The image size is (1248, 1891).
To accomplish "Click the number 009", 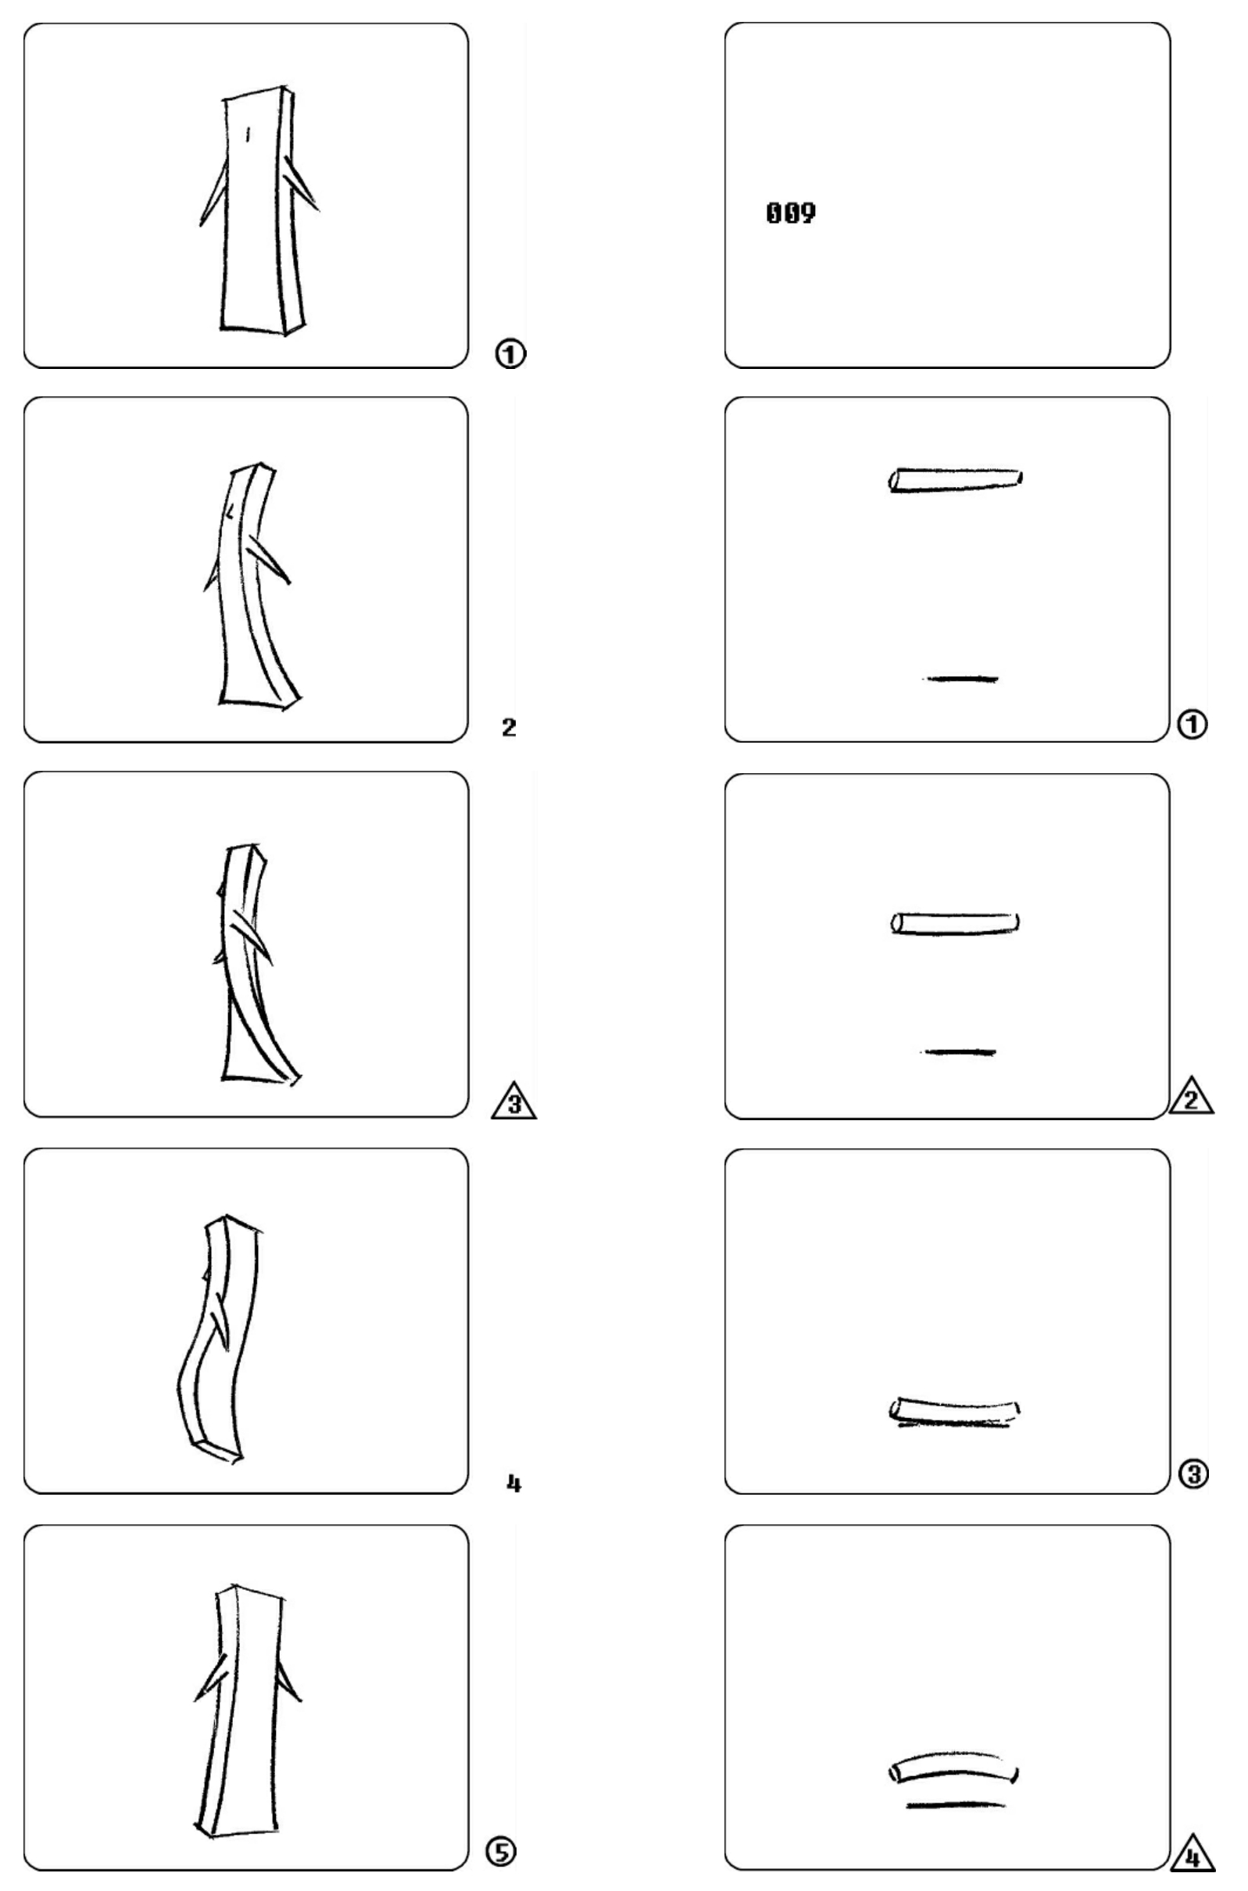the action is pyautogui.click(x=790, y=213).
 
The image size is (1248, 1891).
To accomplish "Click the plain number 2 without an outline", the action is pyautogui.click(x=509, y=726).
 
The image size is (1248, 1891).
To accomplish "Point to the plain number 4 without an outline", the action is pyautogui.click(x=514, y=1484).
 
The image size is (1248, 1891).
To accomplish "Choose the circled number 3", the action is pyautogui.click(x=1193, y=1474).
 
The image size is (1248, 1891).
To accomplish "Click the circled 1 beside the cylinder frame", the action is pyautogui.click(x=1192, y=724).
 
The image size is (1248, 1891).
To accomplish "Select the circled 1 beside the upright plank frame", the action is pyautogui.click(x=510, y=353).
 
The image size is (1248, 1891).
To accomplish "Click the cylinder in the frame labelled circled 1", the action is pyautogui.click(x=955, y=479).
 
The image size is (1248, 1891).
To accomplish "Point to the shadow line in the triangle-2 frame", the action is pyautogui.click(x=958, y=1051).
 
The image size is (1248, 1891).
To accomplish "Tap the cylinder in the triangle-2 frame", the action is pyautogui.click(x=955, y=922).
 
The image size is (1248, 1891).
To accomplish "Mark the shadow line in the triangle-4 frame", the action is pyautogui.click(x=955, y=1804).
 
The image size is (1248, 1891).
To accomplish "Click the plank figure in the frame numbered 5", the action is pyautogui.click(x=247, y=1712).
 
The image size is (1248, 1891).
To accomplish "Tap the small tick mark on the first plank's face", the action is pyautogui.click(x=248, y=134).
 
